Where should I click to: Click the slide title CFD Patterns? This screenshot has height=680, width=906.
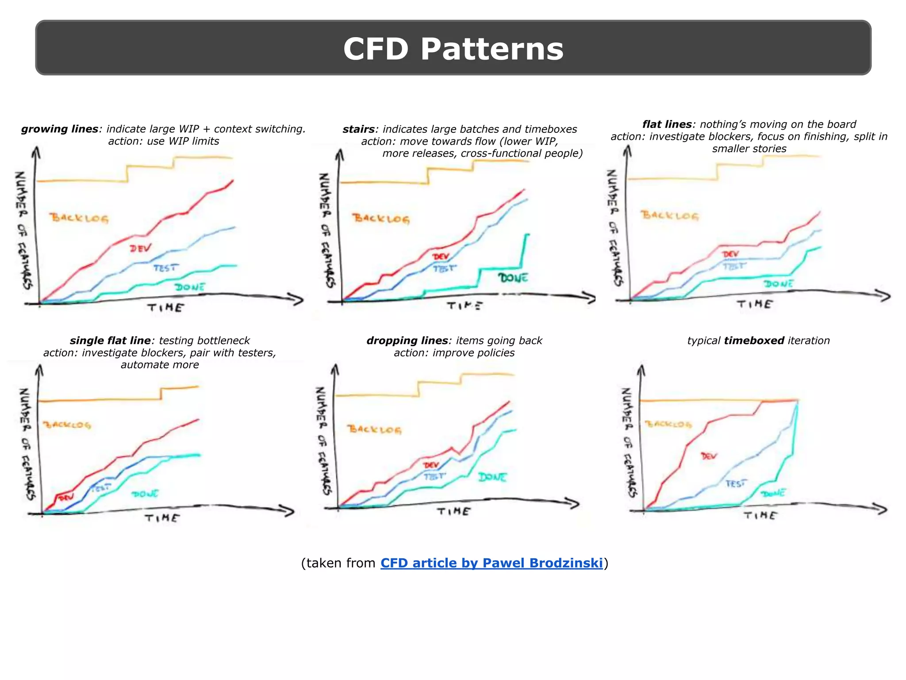(453, 49)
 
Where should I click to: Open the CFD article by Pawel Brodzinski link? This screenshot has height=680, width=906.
(491, 563)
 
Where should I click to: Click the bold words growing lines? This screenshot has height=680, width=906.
(60, 129)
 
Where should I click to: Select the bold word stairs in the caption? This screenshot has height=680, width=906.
(358, 129)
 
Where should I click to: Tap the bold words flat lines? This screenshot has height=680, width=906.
(667, 124)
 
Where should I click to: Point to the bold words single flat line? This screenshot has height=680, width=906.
(110, 340)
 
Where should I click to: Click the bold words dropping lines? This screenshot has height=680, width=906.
(407, 340)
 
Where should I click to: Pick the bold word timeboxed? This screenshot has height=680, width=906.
(754, 340)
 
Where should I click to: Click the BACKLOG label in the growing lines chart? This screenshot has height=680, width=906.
(79, 218)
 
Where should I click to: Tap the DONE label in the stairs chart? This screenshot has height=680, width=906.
(513, 278)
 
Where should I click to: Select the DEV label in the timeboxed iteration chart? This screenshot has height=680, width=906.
(709, 456)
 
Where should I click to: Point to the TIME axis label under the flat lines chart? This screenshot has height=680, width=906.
(755, 304)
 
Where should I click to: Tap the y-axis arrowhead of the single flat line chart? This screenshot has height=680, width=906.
(39, 370)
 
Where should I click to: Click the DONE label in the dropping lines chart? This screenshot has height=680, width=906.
(492, 477)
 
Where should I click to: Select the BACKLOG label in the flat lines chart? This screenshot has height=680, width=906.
(669, 216)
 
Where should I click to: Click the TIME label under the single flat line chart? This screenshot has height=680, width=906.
(162, 518)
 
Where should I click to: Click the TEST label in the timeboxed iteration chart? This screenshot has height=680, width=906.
(736, 483)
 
